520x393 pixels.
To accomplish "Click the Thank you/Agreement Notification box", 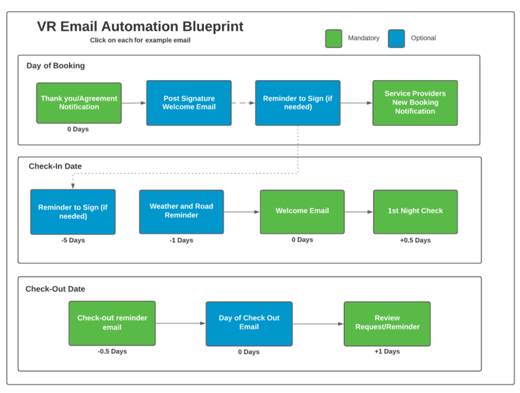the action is [x=79, y=103].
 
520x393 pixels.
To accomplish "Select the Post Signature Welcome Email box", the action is [x=189, y=103].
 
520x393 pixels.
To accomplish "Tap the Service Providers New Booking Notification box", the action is [x=415, y=103].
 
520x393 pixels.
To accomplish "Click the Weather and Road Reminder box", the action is [x=181, y=211].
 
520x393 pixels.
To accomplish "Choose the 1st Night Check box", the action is [x=415, y=211].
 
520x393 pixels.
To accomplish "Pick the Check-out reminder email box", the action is [x=112, y=323].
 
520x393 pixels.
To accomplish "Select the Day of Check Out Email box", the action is [x=249, y=323].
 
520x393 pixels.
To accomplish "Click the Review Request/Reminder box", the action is [x=387, y=323].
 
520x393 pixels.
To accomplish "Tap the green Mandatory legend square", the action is [x=333, y=38].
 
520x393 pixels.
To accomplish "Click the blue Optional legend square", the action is [x=396, y=38].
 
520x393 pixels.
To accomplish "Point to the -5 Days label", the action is [x=73, y=240].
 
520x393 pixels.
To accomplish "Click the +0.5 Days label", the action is [x=415, y=240].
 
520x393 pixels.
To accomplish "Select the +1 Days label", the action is [x=387, y=351].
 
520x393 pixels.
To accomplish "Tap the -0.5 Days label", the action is [x=112, y=351].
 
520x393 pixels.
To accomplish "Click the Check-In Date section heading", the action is [x=55, y=166].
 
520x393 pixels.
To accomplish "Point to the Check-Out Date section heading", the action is [x=55, y=289].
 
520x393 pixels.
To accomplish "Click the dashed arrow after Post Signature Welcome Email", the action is [x=243, y=103].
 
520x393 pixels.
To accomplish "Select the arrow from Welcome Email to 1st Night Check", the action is [x=359, y=211].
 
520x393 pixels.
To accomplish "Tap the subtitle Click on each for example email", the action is [x=140, y=40].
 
